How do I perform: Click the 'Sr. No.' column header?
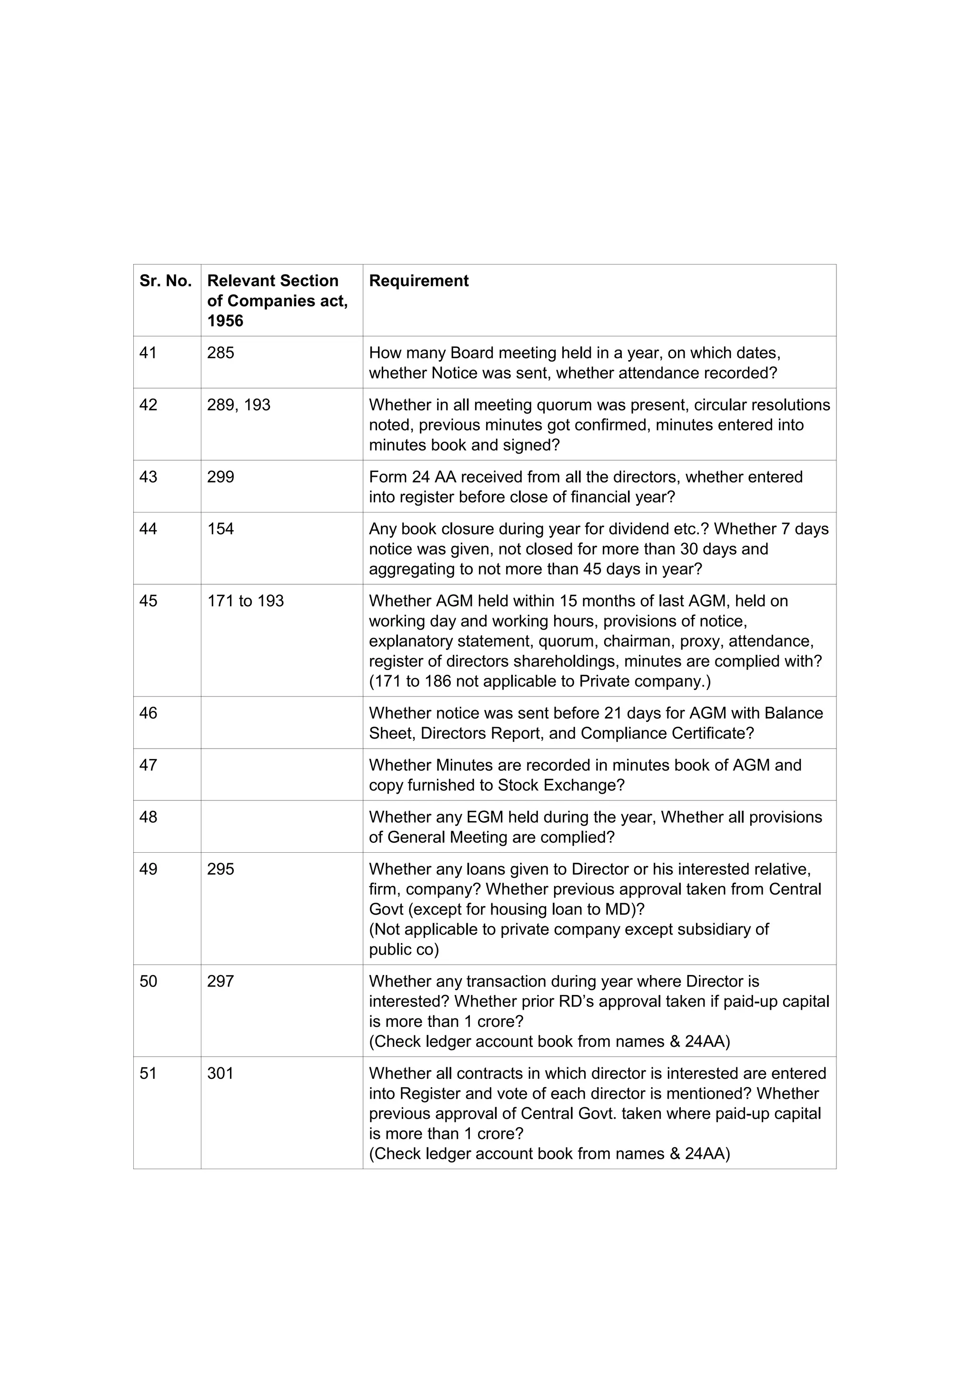click(165, 281)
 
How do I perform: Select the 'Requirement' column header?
click(419, 281)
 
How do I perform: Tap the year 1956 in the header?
click(225, 321)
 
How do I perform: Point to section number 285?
click(220, 353)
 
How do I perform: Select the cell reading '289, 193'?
click(239, 405)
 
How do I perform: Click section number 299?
click(220, 477)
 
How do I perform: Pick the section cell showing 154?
click(220, 529)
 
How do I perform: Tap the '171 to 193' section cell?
click(245, 601)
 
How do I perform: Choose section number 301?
click(220, 1074)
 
